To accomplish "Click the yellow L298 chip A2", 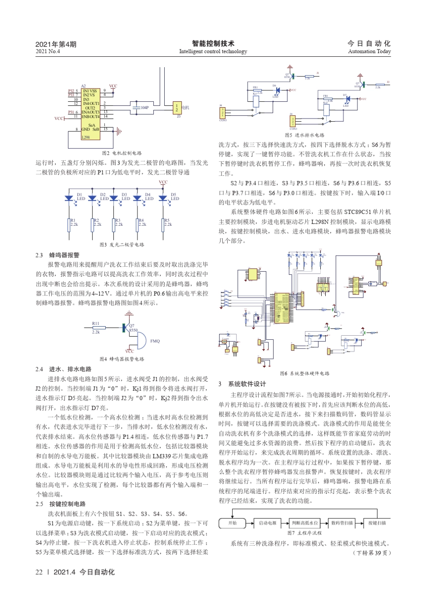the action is pos(90,114).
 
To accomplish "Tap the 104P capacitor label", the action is pos(145,108).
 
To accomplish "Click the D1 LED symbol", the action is pos(69,198).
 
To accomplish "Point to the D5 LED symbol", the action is pos(163,198).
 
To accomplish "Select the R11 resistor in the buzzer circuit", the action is pos(98,328).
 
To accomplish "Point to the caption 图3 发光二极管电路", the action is pos(122,244).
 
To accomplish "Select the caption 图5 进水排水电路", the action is pos(304,135).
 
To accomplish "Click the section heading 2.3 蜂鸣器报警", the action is pos(58,255).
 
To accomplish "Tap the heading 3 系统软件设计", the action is pos(242,384).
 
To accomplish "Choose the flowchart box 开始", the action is pos(232,523).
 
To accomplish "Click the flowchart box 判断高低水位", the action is pos(304,523).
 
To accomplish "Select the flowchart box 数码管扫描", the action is pos(342,523).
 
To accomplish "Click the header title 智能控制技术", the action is pos(213,44).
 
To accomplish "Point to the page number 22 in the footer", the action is pos(39,572).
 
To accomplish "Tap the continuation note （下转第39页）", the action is pos(372,553).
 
